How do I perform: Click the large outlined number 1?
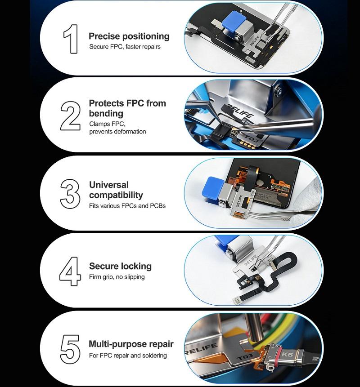point(72,39)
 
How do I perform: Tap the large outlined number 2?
point(70,116)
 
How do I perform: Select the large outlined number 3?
point(70,194)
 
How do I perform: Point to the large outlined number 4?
point(70,271)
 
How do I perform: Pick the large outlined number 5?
point(70,349)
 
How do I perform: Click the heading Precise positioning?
point(129,36)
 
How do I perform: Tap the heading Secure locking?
point(120,266)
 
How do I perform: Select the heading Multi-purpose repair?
point(131,344)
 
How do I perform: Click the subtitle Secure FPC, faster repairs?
point(125,47)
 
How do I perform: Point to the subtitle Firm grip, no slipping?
point(117,277)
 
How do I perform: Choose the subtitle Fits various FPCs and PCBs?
point(127,206)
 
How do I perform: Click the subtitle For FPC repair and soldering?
point(128,356)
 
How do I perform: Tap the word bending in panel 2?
point(106,114)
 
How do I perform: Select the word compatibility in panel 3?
point(116,195)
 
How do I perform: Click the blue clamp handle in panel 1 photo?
point(233,20)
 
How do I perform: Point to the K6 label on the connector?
point(287,355)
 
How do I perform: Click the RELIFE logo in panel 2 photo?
point(240,111)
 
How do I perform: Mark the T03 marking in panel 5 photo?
point(244,357)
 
